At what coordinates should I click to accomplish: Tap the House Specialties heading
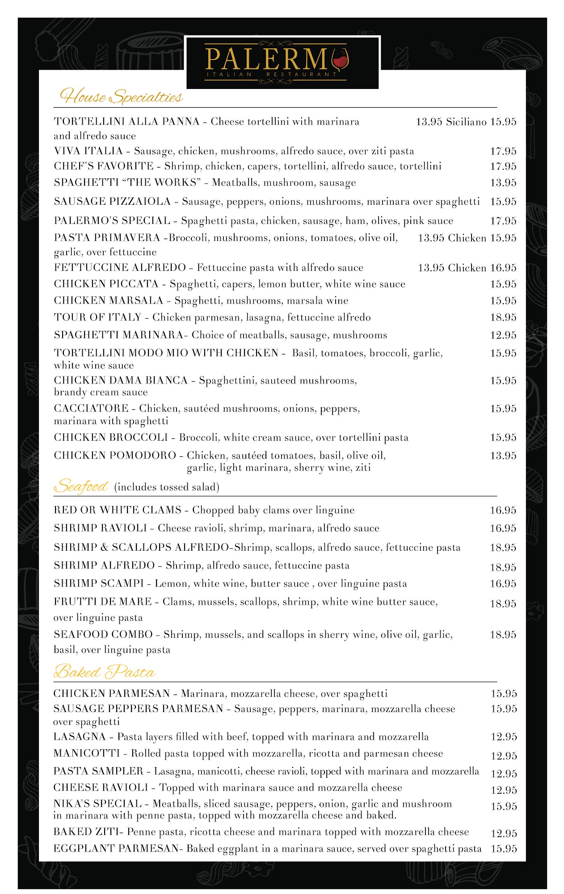(122, 96)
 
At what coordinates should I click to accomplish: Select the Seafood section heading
(81, 486)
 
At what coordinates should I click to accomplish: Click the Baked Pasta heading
(104, 671)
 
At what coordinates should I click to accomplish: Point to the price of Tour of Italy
(503, 317)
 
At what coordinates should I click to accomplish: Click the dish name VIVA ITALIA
(88, 151)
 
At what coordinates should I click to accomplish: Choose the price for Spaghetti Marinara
(503, 335)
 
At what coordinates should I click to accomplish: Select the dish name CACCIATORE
(91, 409)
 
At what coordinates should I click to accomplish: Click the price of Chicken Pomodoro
(503, 456)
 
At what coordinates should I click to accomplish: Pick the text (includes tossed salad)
(167, 487)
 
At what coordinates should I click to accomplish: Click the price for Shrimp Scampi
(503, 584)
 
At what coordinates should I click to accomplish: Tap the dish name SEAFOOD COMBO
(103, 635)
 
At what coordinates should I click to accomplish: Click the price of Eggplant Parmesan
(504, 848)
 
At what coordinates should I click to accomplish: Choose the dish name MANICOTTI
(87, 754)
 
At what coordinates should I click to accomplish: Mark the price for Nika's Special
(504, 806)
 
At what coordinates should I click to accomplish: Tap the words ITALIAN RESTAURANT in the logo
(271, 75)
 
